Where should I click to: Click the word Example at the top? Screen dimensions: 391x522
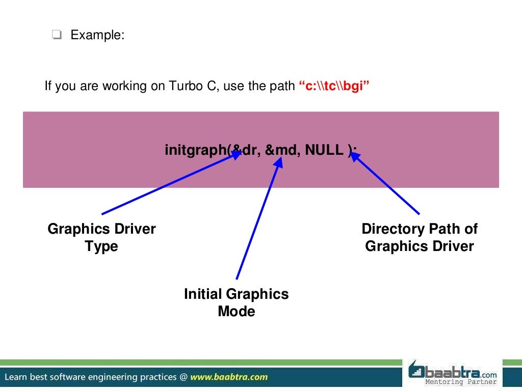pos(96,35)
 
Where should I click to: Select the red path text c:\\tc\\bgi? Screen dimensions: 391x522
pos(333,86)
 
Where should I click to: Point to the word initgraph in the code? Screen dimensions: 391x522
pos(195,150)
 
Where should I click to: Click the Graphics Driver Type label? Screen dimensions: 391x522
pos(101,237)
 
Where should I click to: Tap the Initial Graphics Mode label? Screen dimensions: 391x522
pos(236,302)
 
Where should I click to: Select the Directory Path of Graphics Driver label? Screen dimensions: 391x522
pos(420,237)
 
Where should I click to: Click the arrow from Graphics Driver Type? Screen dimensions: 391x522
pos(168,183)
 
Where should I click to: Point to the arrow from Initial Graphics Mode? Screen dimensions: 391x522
pos(257,219)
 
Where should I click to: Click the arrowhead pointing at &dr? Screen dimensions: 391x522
pos(236,154)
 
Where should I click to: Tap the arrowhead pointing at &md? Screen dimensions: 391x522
pos(278,162)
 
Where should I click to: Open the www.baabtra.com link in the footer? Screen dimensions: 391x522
pos(229,377)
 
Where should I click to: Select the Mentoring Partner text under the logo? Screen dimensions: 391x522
pos(461,382)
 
